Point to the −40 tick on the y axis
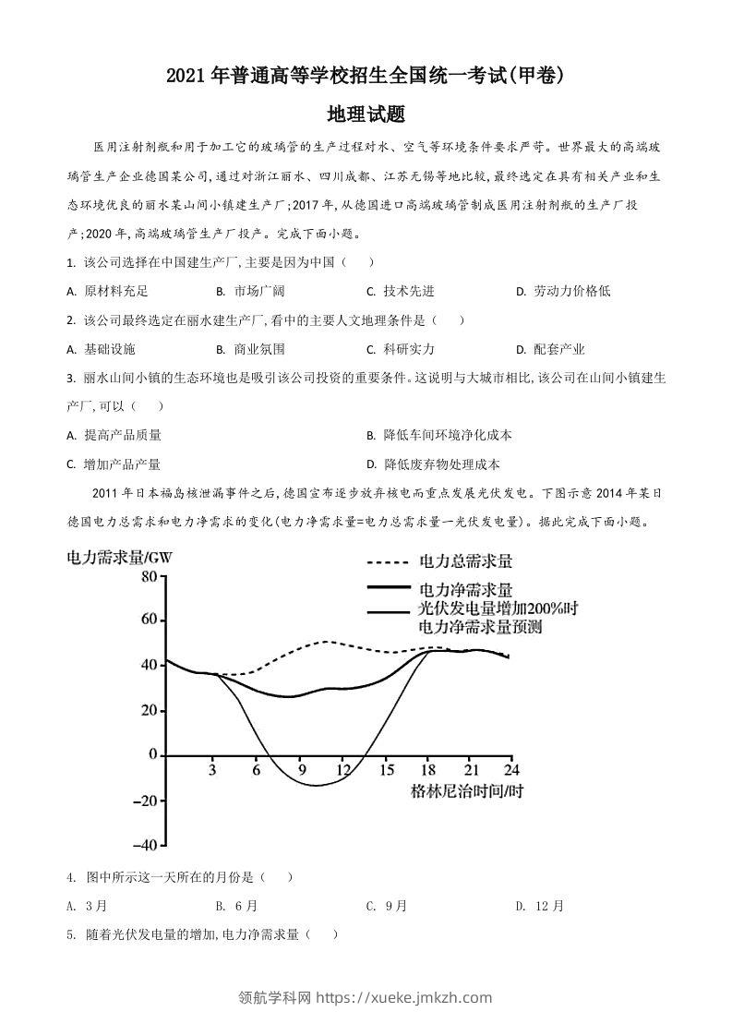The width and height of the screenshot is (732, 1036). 143,845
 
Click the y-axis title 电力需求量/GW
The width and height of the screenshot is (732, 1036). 120,557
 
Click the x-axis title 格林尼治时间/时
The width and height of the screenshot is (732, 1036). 467,791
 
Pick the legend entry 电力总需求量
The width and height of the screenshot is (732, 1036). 466,560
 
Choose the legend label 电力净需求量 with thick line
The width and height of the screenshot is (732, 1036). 466,589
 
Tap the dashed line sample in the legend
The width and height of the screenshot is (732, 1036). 387,561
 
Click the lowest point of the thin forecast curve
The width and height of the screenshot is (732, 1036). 316,786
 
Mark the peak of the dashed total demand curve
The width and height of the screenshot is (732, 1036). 326,641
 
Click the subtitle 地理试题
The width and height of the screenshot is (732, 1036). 366,114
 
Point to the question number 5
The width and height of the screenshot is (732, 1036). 70,934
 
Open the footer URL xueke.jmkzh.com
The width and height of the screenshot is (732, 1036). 404,997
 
